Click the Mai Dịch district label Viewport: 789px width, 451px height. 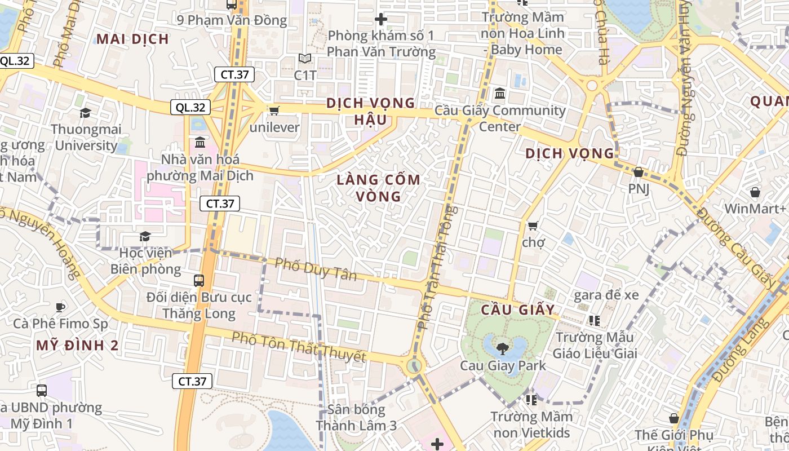click(x=132, y=39)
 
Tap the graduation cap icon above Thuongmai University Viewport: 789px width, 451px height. click(x=85, y=113)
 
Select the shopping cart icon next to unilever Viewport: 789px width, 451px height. click(x=274, y=110)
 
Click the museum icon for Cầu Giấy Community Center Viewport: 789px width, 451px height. click(x=499, y=93)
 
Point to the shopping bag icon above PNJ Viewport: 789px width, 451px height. click(x=639, y=172)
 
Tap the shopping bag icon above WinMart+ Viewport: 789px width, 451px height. click(x=755, y=192)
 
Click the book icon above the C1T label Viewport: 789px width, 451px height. click(x=305, y=58)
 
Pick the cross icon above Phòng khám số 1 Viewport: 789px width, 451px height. click(x=381, y=19)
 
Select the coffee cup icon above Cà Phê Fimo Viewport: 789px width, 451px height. click(x=60, y=307)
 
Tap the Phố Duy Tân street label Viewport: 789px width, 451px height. click(x=316, y=268)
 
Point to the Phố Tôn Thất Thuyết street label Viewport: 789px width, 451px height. click(x=299, y=347)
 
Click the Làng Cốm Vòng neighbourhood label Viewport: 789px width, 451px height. click(x=378, y=188)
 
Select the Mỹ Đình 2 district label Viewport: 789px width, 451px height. click(x=77, y=346)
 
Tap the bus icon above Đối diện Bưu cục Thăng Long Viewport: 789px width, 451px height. click(x=199, y=280)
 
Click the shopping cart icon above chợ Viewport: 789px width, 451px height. click(x=533, y=226)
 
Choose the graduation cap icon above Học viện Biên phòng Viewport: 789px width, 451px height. click(x=145, y=236)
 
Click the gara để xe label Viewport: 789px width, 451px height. click(x=606, y=295)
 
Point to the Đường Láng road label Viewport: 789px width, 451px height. click(x=739, y=350)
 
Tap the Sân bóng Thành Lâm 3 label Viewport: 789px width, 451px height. click(x=356, y=418)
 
